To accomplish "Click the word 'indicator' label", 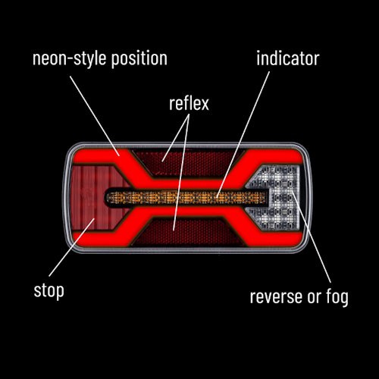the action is (288, 58).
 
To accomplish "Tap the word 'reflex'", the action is (189, 103).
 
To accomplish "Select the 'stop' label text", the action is (49, 291).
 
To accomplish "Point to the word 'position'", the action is (139, 59).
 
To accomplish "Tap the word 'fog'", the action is (337, 296).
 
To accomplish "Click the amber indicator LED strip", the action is (186, 197).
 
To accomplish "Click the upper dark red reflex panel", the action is (188, 161).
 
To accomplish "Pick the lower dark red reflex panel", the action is (188, 232).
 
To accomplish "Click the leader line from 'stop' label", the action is (72, 247).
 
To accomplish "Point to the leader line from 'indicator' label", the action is (243, 134).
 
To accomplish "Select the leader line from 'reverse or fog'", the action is (312, 236).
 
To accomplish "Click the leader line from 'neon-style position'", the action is (95, 116).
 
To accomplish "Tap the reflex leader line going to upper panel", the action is (176, 138).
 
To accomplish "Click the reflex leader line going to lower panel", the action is (181, 172).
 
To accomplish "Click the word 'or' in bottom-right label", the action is (315, 297).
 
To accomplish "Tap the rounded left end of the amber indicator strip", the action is (107, 197).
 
